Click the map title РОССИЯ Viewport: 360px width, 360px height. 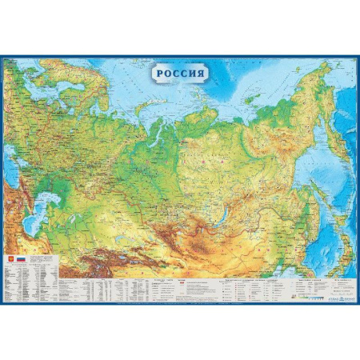pyautogui.click(x=180, y=71)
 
